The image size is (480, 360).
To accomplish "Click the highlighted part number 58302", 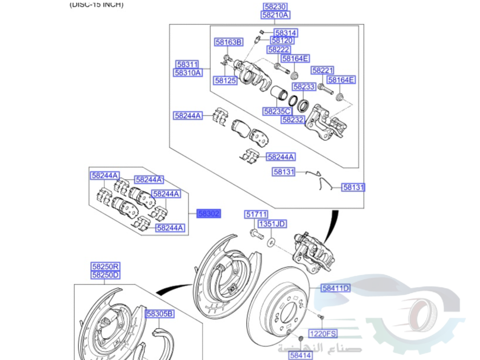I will point(209,214).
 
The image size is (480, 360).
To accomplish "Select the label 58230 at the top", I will point(276,7).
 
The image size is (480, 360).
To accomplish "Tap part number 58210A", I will point(276,15).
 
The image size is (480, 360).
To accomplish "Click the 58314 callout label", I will point(286,33).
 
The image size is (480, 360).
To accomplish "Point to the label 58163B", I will point(228,43).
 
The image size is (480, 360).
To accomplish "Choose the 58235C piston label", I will point(277,111).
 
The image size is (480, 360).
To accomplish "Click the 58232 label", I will point(293,120).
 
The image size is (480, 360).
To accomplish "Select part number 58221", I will point(322,71).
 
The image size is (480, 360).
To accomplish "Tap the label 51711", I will point(256,215).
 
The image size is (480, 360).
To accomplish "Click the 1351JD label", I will point(272,224).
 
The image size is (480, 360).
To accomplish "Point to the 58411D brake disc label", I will point(336,288).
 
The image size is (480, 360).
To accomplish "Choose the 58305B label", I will point(159,314).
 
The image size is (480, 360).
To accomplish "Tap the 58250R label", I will point(106,266).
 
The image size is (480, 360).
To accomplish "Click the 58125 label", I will point(226,81).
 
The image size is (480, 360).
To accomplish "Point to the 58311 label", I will point(187,64).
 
